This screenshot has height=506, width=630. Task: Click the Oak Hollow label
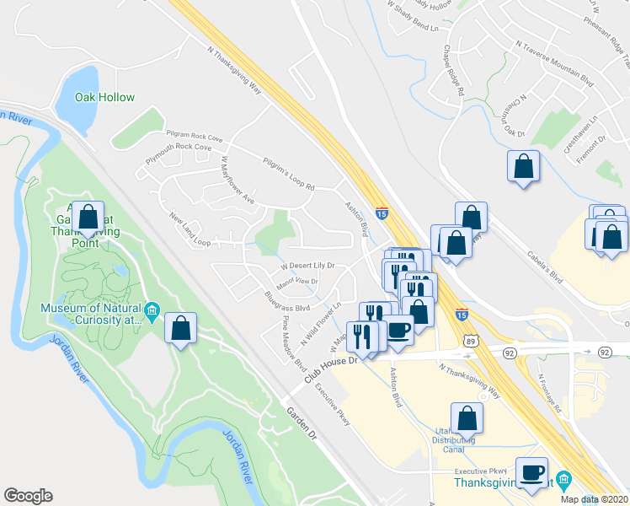(x=104, y=97)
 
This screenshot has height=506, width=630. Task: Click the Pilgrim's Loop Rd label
(x=288, y=174)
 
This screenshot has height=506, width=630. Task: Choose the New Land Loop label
(x=190, y=229)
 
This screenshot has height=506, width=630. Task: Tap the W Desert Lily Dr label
(x=307, y=266)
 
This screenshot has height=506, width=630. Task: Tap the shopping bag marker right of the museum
(x=180, y=328)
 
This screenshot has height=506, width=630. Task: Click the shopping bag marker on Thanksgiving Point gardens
(x=87, y=218)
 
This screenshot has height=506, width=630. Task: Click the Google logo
(x=28, y=496)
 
